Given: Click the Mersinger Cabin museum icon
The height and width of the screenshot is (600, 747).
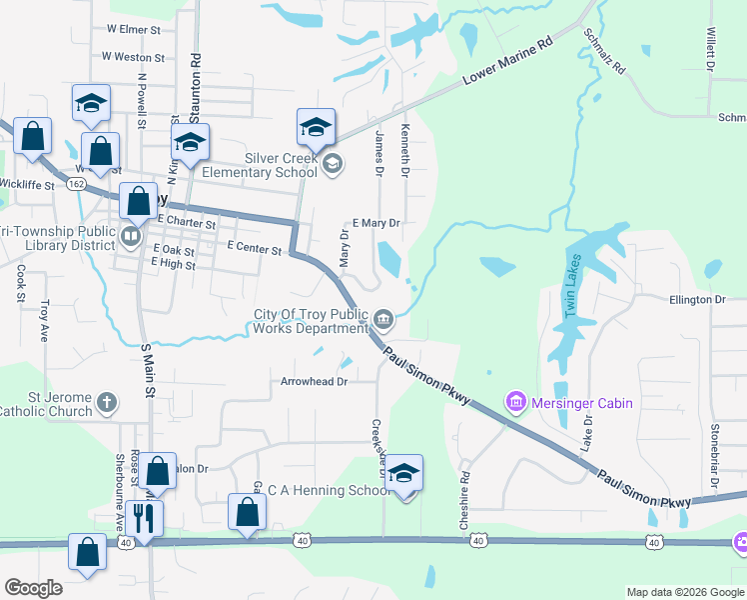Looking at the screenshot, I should tap(516, 403).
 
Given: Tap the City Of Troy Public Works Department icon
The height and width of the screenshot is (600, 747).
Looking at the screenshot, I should tap(384, 321).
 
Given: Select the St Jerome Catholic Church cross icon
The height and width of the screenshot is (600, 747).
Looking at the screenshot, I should tap(108, 404).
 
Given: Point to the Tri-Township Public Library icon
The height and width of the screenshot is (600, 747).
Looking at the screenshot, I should tap(130, 237).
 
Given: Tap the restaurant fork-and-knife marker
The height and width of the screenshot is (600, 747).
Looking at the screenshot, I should tap(144, 519).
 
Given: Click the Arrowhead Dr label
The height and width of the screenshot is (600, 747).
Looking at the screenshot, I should tap(314, 381).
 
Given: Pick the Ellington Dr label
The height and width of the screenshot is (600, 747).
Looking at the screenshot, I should tap(697, 299).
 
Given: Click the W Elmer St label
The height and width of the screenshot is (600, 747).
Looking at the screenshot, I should tap(134, 30).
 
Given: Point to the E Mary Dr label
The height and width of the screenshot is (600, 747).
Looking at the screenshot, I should tap(376, 223).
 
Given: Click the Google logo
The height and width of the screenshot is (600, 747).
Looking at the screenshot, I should tap(34, 588).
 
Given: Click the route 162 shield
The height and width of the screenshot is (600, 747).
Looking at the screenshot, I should tap(76, 184).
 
